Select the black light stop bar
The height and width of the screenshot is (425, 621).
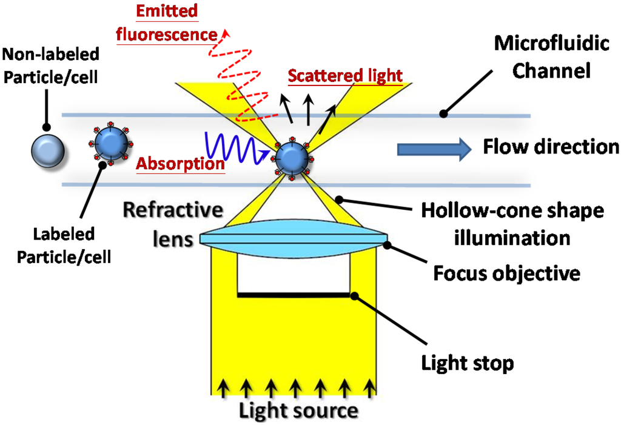tap(294, 295)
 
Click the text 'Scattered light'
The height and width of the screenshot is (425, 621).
tap(345, 76)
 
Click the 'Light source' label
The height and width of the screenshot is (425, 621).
tap(297, 410)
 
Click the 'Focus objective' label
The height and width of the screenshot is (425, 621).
tap(506, 273)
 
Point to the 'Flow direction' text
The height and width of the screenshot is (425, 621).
tap(551, 147)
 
